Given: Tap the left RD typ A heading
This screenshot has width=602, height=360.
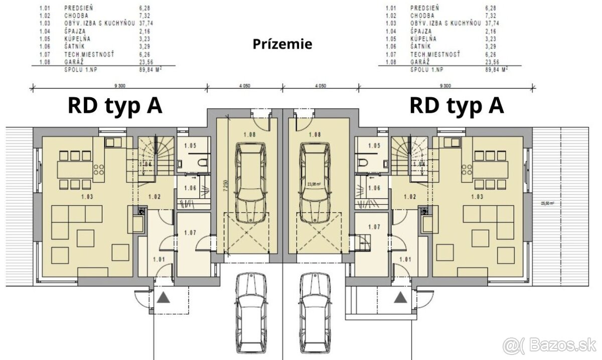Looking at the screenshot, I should [115, 106].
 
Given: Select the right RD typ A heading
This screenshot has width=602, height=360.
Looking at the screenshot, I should [457, 106].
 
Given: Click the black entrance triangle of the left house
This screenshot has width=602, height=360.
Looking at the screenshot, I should [163, 299].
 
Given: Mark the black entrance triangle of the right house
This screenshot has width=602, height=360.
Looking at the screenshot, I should [400, 298].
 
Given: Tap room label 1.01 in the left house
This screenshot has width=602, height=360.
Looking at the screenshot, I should [159, 259].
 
